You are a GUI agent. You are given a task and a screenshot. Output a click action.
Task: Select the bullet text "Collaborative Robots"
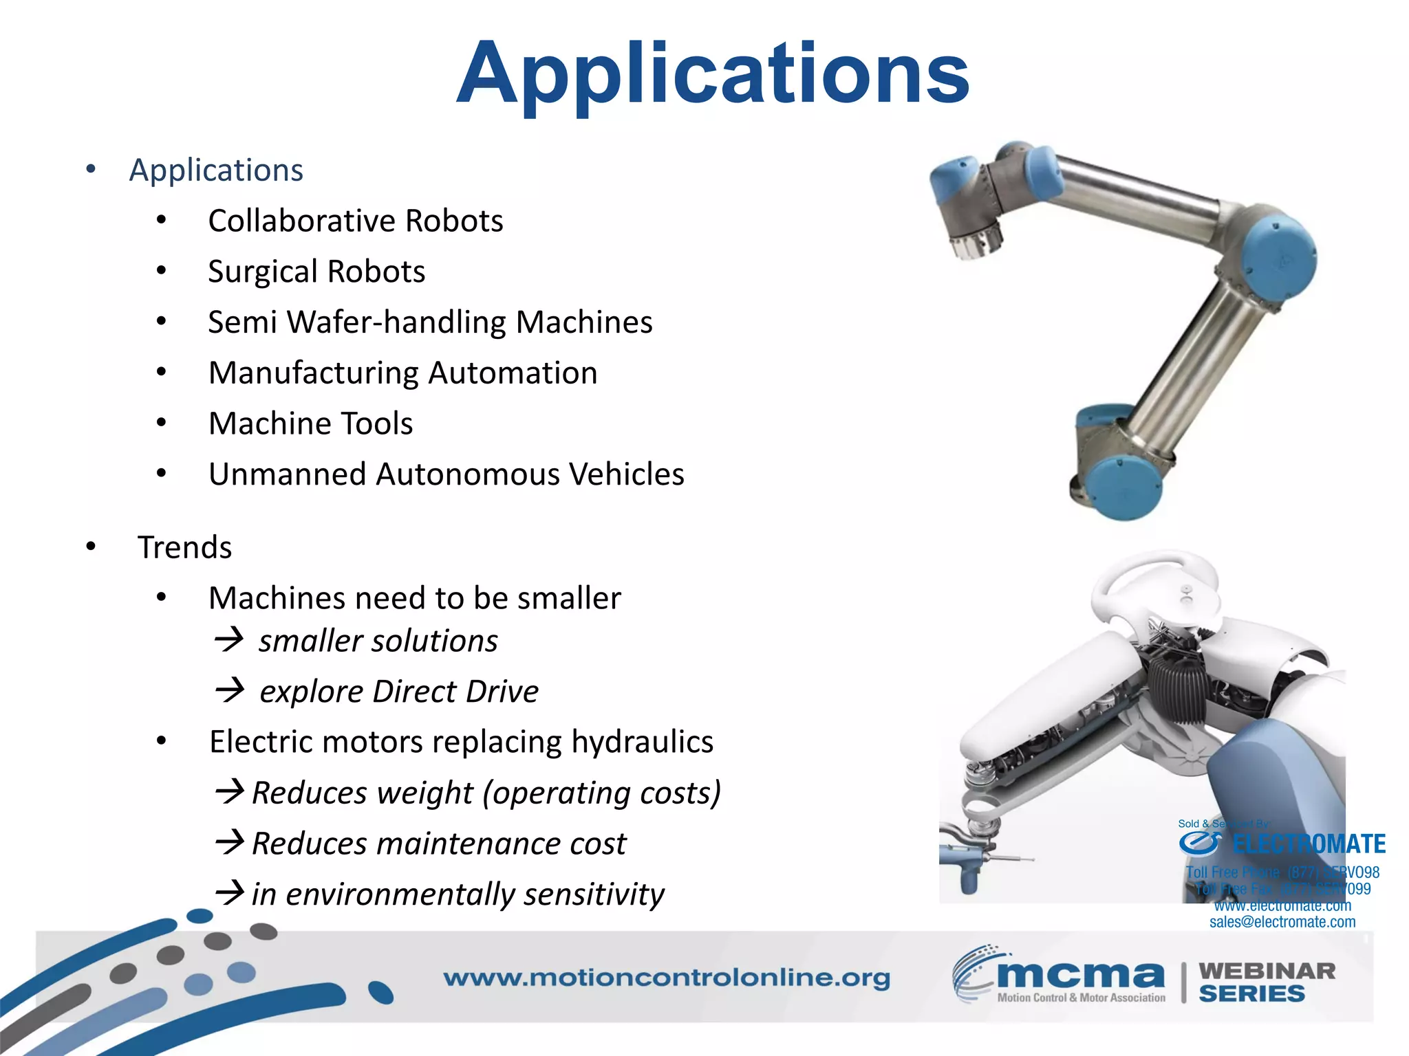click(356, 221)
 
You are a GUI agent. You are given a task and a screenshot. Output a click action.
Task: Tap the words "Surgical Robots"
click(316, 272)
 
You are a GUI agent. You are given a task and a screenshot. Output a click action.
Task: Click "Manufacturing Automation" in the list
click(402, 373)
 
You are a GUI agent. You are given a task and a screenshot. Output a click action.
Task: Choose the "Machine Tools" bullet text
click(310, 423)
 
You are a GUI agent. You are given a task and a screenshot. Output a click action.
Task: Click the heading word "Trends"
click(184, 548)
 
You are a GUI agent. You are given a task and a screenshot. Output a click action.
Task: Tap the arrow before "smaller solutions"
click(228, 639)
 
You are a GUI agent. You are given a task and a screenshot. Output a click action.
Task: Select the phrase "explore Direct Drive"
click(399, 692)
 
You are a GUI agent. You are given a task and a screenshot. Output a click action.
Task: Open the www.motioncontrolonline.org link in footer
click(666, 978)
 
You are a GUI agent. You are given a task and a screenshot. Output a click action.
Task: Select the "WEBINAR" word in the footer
click(1267, 971)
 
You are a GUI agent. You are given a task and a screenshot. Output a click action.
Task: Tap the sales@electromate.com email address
click(1282, 922)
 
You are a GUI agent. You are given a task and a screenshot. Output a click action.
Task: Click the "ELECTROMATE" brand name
click(1309, 844)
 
